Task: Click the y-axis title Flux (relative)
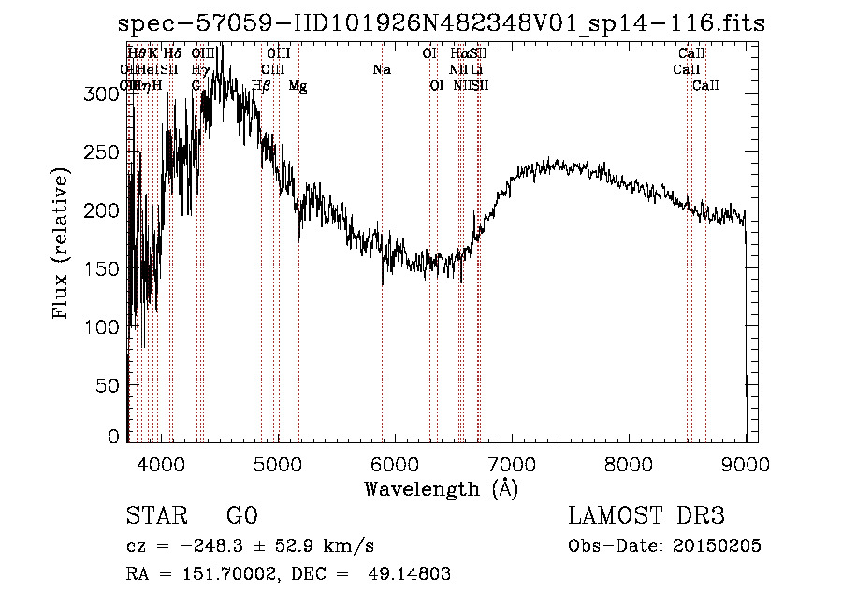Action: tap(63, 246)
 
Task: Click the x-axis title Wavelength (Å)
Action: tap(441, 488)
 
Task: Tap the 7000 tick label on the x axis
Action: tap(512, 463)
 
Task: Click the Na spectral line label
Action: tap(382, 70)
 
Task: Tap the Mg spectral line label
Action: tap(298, 86)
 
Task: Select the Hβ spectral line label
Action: tap(262, 86)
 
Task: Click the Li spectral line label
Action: tap(477, 70)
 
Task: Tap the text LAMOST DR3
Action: tap(646, 516)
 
